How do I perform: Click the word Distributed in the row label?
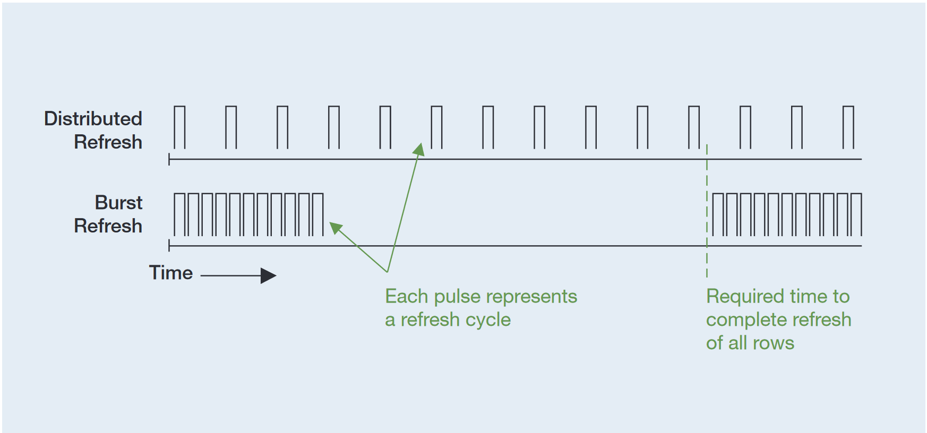[93, 119]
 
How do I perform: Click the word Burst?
[118, 203]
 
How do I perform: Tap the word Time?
[170, 273]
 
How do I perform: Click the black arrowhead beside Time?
[268, 276]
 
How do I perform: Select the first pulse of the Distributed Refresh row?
[179, 127]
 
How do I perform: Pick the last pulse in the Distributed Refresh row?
[848, 127]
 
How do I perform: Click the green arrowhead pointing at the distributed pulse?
[419, 149]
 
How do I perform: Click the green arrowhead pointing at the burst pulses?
[336, 228]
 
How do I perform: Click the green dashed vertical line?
[707, 212]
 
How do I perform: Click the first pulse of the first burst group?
[179, 215]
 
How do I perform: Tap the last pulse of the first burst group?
[317, 215]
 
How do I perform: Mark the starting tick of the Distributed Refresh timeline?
[169, 159]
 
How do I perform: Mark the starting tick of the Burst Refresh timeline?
[169, 246]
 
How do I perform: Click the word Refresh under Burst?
[108, 226]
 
